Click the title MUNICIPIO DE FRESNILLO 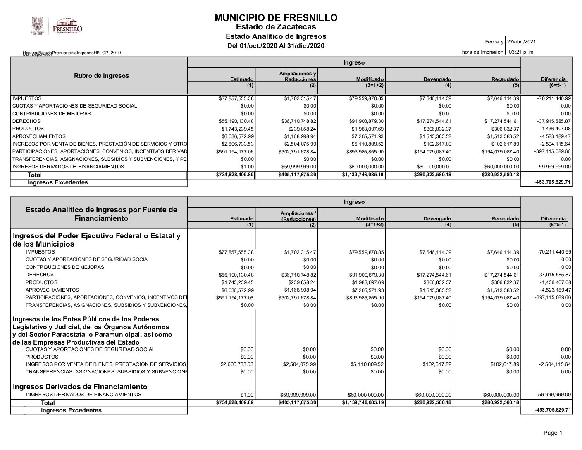coord(276,18)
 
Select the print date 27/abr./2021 coord(521,42)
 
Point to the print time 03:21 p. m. coord(522,52)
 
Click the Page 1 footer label coord(553,433)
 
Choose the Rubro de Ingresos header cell coord(101,76)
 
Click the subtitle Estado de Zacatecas coord(276,27)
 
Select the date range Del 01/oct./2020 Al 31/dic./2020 coord(276,45)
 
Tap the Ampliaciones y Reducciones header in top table coord(298,76)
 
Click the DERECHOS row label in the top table coord(26,121)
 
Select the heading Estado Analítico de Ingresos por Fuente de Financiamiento coord(101,214)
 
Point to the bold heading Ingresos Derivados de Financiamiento coord(80,387)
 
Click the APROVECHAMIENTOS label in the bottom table coord(52,290)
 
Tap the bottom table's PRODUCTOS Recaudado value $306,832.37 coord(502,282)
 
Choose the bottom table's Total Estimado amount coord(235,402)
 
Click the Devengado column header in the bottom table coord(437,218)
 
